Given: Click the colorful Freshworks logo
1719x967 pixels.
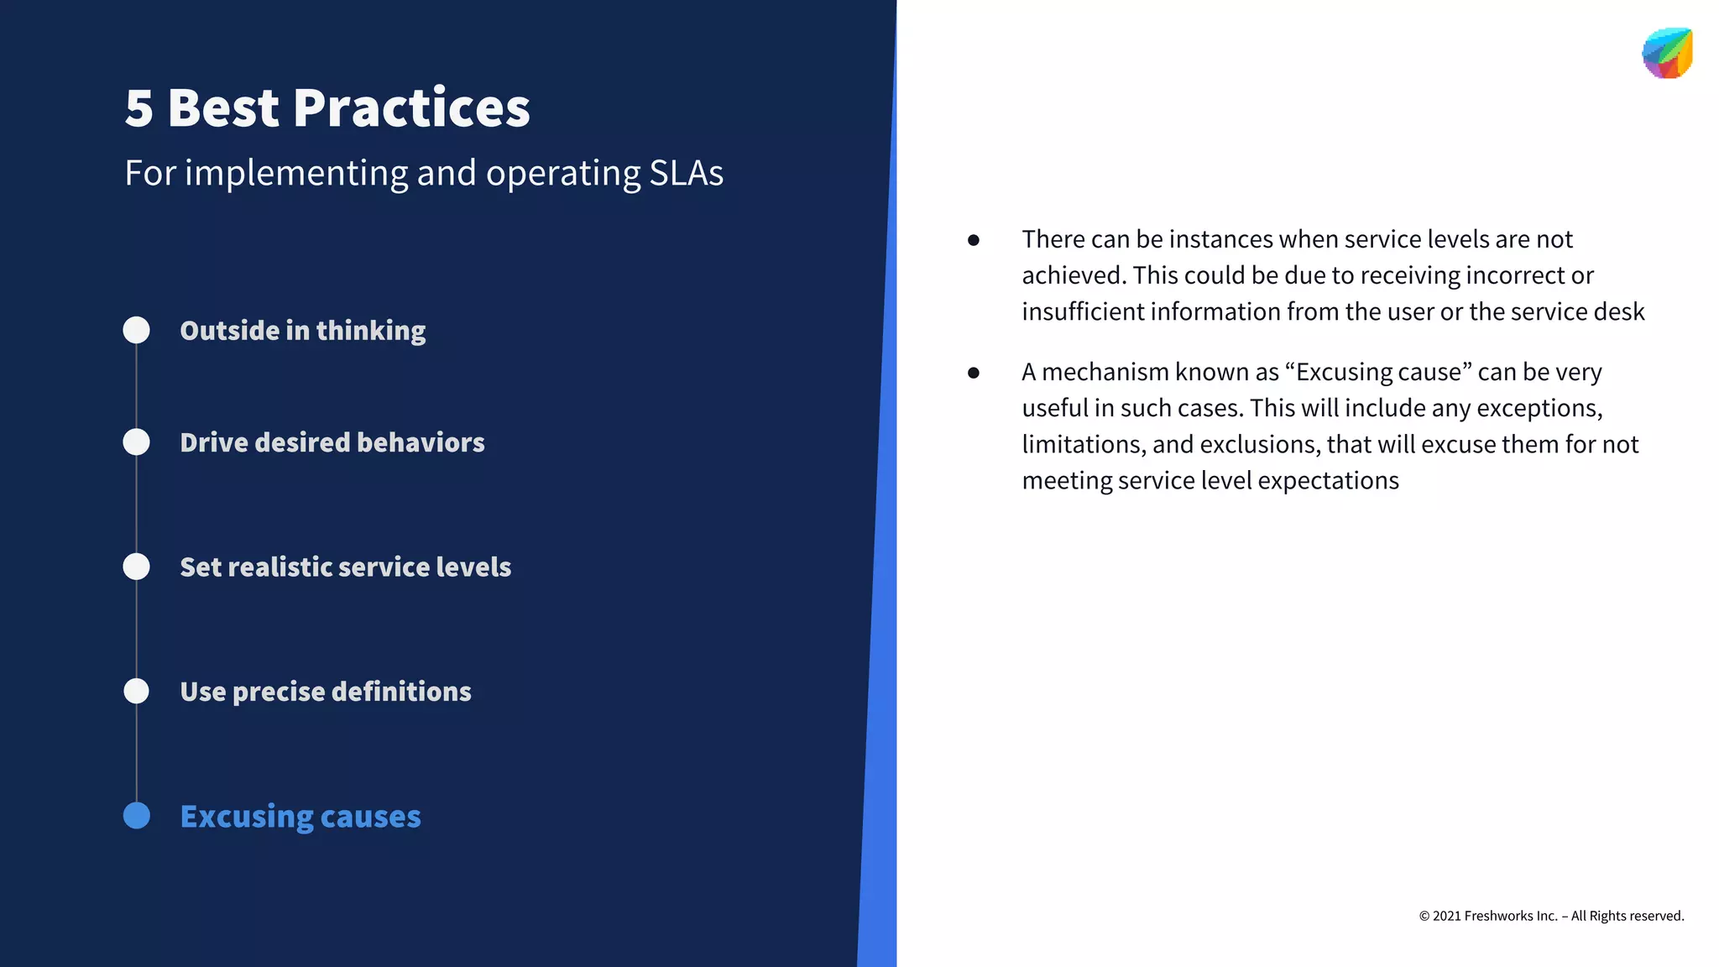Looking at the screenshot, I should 1667,54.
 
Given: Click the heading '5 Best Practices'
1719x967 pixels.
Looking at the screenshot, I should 327,108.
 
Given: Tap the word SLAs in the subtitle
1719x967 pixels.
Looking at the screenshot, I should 686,173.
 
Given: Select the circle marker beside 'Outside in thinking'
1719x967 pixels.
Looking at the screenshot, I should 137,330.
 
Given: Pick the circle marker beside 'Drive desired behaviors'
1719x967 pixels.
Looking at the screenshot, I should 137,442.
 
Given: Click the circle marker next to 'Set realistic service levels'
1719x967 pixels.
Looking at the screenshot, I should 137,567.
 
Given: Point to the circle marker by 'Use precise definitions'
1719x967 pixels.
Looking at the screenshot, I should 137,691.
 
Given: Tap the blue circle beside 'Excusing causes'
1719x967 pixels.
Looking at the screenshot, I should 137,815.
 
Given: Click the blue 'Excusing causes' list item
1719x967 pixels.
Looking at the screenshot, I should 300,816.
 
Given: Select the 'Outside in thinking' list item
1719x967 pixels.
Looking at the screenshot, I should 302,331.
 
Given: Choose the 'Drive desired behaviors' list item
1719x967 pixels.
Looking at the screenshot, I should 332,442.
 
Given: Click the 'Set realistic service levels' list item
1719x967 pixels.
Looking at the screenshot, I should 345,567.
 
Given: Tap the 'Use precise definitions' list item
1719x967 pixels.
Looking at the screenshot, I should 326,692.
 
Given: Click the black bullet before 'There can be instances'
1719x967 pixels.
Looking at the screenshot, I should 974,240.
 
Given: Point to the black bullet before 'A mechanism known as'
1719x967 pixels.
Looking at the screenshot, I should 974,373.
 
